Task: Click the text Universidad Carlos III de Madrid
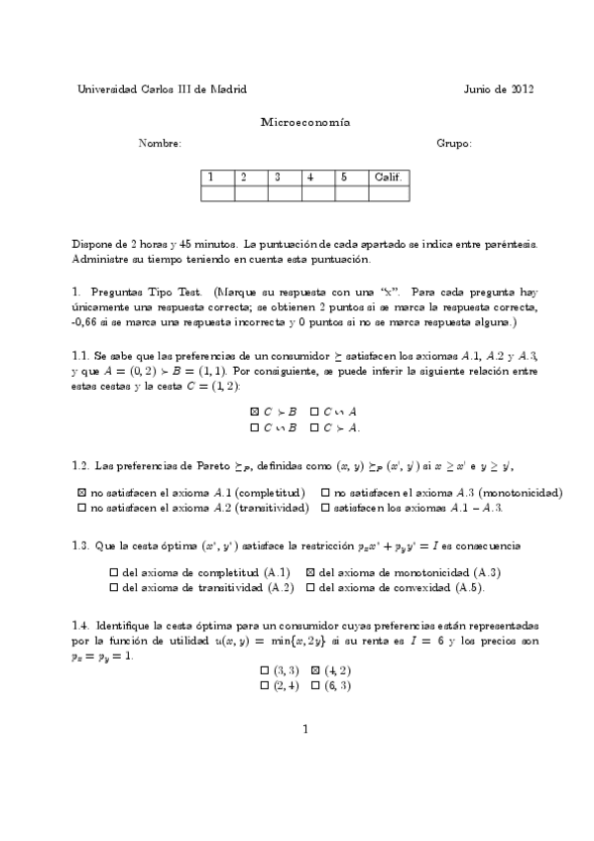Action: pyautogui.click(x=163, y=88)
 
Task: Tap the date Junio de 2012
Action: pyautogui.click(x=499, y=88)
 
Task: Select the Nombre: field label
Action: pyautogui.click(x=160, y=144)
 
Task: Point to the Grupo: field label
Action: pyautogui.click(x=454, y=144)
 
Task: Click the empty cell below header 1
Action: pyautogui.click(x=217, y=193)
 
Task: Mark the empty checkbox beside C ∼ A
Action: pyautogui.click(x=314, y=411)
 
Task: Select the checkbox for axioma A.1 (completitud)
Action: pyautogui.click(x=81, y=492)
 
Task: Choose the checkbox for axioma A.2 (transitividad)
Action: pyautogui.click(x=81, y=507)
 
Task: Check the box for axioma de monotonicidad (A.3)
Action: pyautogui.click(x=310, y=572)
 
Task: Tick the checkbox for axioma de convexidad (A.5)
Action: pyautogui.click(x=310, y=587)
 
